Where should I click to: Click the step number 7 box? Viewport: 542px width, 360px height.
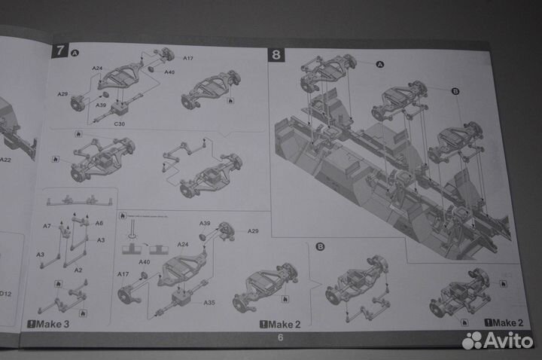[x=59, y=51]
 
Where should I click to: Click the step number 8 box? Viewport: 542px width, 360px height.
[x=277, y=54]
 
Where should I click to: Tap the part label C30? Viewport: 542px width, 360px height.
[x=120, y=122]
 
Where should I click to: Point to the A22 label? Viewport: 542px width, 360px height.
[x=5, y=160]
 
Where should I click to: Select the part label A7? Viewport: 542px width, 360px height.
[x=47, y=226]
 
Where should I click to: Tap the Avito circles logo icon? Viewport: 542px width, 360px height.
[x=472, y=340]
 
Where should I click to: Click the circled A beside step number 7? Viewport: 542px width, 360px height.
[x=75, y=52]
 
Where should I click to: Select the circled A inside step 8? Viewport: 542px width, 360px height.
[x=379, y=64]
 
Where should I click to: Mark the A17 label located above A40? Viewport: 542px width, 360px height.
[x=188, y=58]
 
